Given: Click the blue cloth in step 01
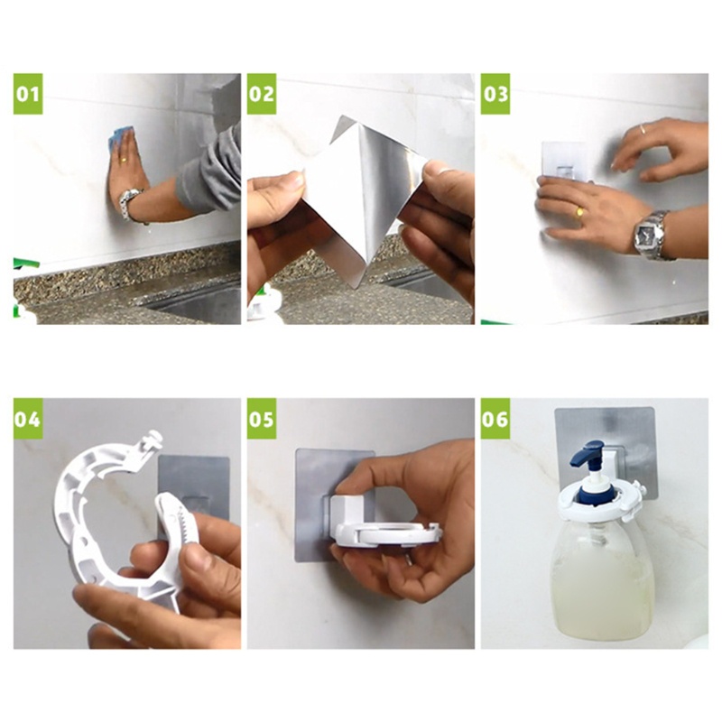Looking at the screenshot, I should pos(117,139).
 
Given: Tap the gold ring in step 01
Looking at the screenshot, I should pos(122,160).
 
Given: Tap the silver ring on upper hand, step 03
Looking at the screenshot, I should pos(642,129).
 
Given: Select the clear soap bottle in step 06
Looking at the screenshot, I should pos(600,578).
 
